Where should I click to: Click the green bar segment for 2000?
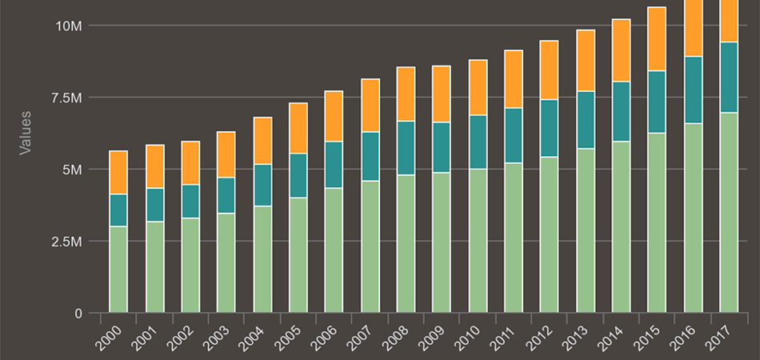(118, 270)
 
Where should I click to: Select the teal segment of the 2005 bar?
(298, 175)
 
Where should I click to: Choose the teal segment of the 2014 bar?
(621, 111)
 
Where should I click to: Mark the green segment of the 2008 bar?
(406, 243)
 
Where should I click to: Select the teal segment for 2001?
(154, 205)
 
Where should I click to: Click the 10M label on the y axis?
(69, 26)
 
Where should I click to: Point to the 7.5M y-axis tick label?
(66, 98)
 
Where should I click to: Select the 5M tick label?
(73, 170)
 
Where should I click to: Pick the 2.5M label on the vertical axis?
(66, 242)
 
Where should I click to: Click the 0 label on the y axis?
(78, 314)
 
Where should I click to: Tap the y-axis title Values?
(26, 132)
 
